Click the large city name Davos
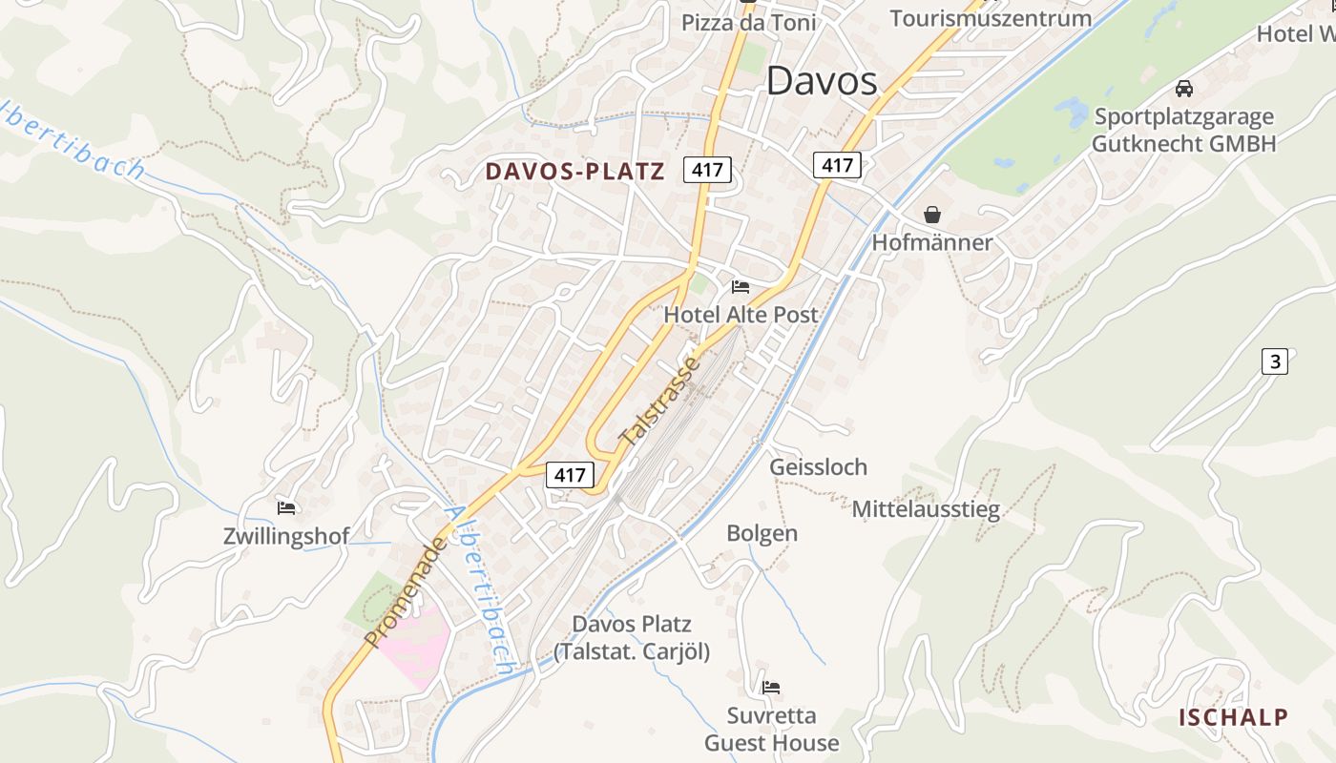pyautogui.click(x=822, y=81)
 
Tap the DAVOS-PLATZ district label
pyautogui.click(x=574, y=172)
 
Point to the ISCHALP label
pyautogui.click(x=1233, y=717)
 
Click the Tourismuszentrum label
pyautogui.click(x=991, y=18)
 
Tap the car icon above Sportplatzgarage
pyautogui.click(x=1184, y=89)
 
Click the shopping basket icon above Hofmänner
pyautogui.click(x=932, y=215)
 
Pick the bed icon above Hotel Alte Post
pyautogui.click(x=741, y=286)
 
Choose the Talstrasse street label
pyautogui.click(x=660, y=402)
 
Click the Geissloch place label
pyautogui.click(x=819, y=466)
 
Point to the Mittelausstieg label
pyautogui.click(x=926, y=508)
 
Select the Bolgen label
pyautogui.click(x=762, y=533)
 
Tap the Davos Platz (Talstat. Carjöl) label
pyautogui.click(x=632, y=638)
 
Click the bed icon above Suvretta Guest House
pyautogui.click(x=771, y=687)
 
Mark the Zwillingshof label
pyautogui.click(x=286, y=536)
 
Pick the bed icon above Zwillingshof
pyautogui.click(x=286, y=507)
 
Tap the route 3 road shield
pyautogui.click(x=1274, y=361)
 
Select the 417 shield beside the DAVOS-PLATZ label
pyautogui.click(x=707, y=171)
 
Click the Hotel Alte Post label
pyautogui.click(x=741, y=315)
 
